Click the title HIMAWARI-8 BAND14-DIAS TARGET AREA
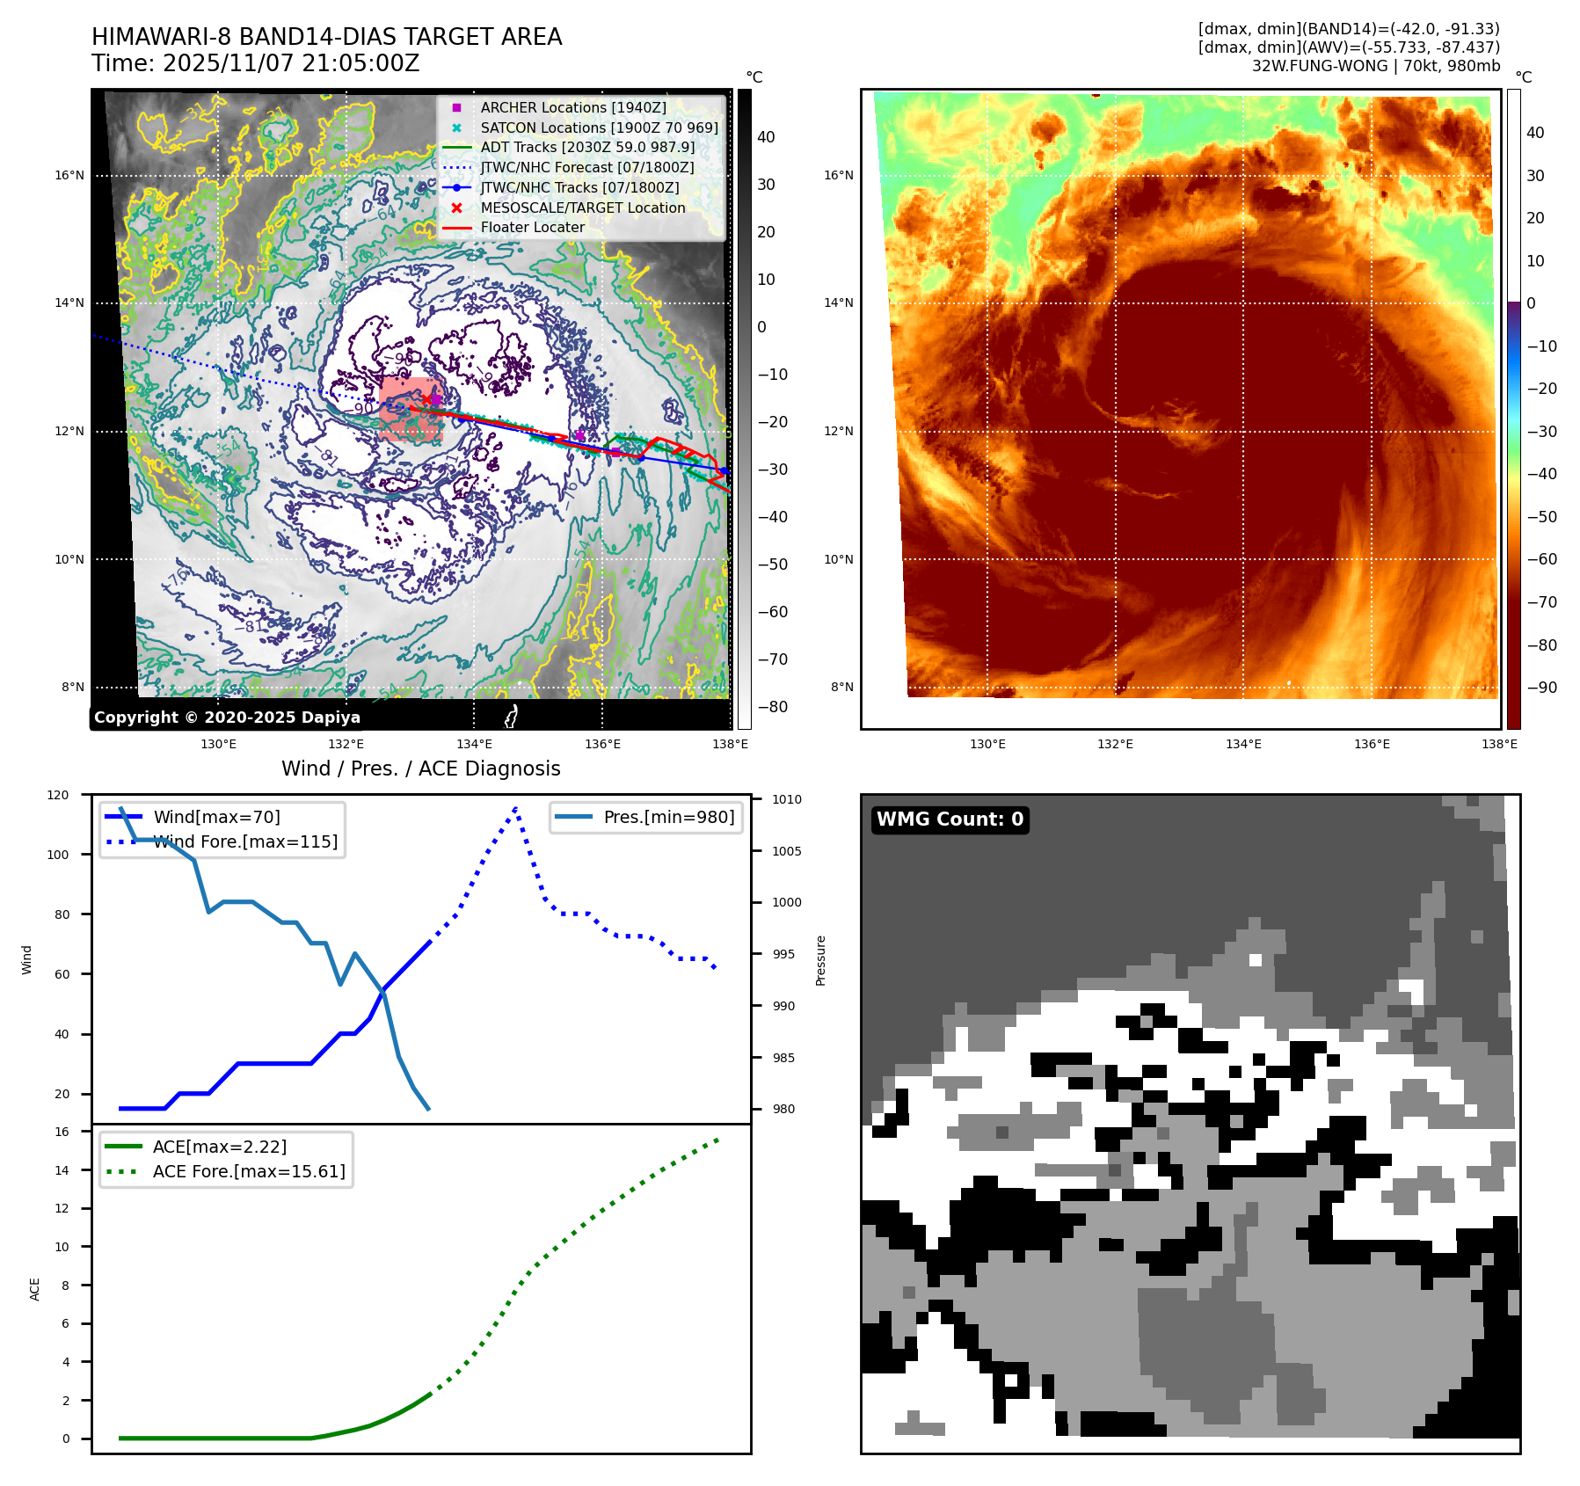326,37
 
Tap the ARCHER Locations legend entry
572,107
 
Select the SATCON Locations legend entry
599,127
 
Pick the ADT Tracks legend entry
587,148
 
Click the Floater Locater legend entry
532,227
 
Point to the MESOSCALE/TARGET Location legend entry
582,208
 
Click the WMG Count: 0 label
950,819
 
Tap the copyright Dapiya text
227,718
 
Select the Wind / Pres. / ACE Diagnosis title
420,768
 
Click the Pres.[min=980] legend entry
668,817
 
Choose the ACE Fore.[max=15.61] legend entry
249,1171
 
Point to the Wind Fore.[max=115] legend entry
245,841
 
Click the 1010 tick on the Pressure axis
787,799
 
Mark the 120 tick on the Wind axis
58,795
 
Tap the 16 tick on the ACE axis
62,1132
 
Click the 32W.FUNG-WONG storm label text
1376,66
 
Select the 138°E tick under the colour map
1499,744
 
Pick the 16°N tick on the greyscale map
69,175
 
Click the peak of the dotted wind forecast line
515,807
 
